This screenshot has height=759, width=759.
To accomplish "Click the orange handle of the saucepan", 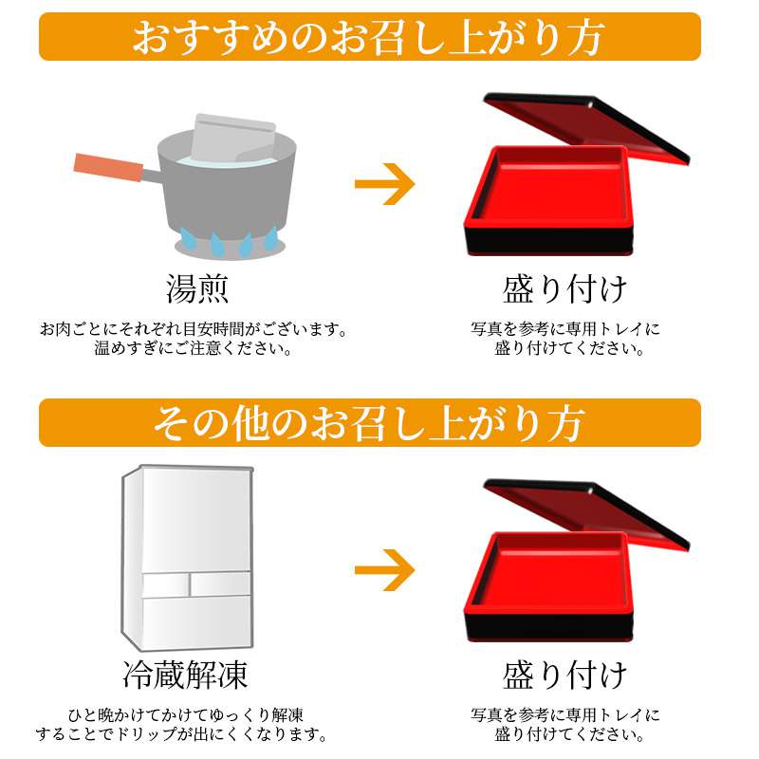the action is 108,168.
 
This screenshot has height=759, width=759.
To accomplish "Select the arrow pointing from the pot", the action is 385,184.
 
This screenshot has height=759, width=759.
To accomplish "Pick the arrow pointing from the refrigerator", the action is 385,570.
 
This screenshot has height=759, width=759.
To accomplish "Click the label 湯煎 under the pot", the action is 197,289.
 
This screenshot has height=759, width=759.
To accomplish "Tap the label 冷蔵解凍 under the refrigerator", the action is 185,675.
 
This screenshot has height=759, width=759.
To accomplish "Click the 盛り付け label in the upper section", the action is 565,289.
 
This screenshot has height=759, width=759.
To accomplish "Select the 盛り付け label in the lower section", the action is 565,675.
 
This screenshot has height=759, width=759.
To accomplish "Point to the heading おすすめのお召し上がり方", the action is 369,37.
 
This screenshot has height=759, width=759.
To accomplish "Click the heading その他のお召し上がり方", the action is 369,423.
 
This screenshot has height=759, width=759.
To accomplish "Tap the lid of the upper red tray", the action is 586,126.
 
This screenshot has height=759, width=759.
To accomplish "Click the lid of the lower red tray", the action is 586,512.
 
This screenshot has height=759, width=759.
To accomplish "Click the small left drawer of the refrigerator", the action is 165,585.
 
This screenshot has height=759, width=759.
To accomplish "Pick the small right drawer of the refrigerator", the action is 221,583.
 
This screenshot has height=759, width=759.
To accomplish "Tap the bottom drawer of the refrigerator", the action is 196,622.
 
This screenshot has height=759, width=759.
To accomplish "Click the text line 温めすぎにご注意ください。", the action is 194,348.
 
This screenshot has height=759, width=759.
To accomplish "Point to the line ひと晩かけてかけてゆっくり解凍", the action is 186,715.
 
